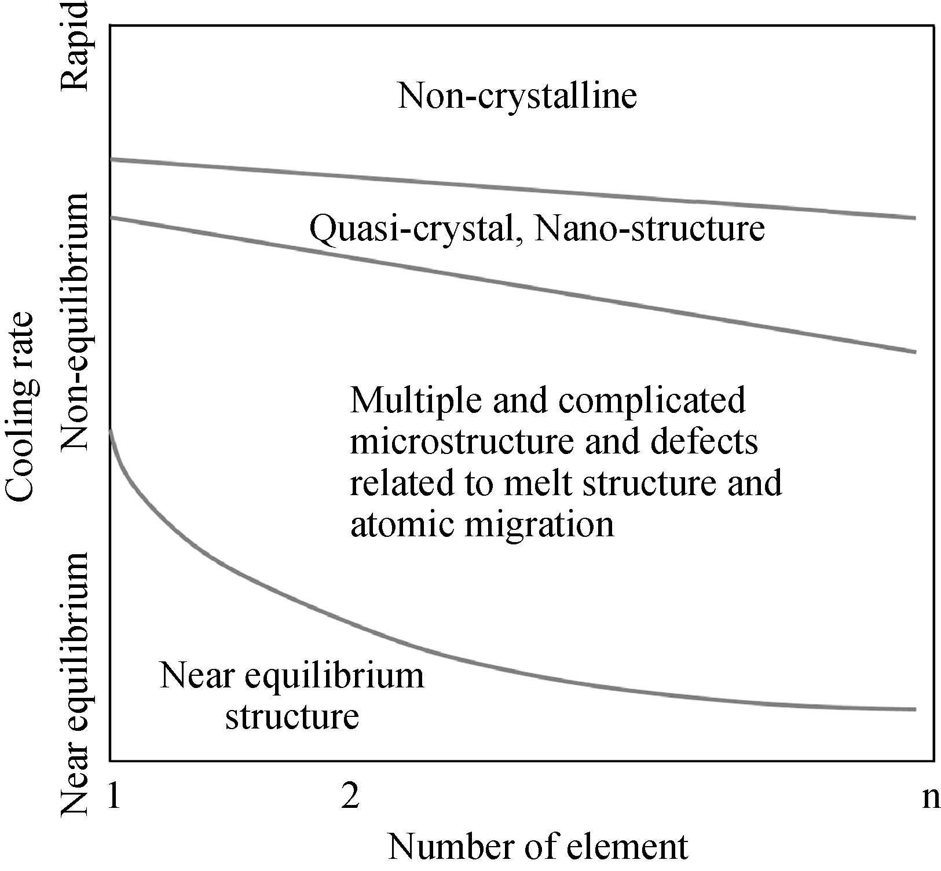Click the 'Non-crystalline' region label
click(x=517, y=96)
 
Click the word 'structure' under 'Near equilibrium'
click(x=292, y=716)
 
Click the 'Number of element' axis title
click(x=538, y=847)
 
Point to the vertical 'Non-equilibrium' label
click(x=75, y=322)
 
